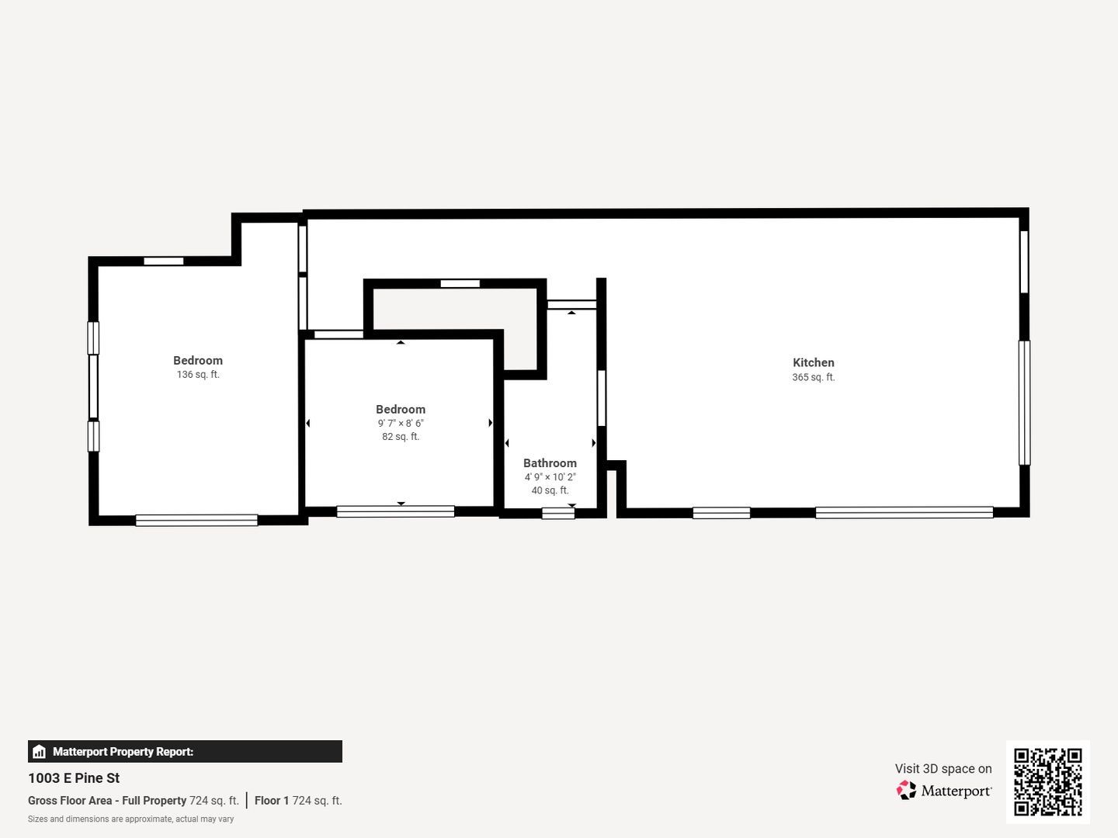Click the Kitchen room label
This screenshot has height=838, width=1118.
pos(813,362)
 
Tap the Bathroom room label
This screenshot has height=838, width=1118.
pos(550,463)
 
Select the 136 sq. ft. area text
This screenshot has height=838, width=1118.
pos(198,375)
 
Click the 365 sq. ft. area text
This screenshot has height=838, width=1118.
pos(813,377)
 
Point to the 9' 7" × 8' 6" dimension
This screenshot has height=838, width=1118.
pos(401,424)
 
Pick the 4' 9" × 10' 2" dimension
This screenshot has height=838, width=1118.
pos(550,477)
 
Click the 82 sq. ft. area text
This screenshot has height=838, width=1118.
pos(401,437)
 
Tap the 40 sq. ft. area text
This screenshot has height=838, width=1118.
pos(550,490)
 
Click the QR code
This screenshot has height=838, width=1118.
pos(1047,781)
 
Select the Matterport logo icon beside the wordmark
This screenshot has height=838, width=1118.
pos(906,790)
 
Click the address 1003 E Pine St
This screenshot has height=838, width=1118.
pos(74,778)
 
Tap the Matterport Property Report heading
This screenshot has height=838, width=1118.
pos(123,752)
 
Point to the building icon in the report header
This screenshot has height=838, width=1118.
pos(39,752)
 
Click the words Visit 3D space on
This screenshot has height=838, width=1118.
pos(943,769)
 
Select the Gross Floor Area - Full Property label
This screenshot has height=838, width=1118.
pos(107,801)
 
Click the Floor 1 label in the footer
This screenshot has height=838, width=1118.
pos(272,801)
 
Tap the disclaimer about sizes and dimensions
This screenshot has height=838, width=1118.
pos(130,819)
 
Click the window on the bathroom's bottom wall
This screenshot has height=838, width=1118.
pos(558,513)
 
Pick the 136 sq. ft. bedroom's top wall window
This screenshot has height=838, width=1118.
pos(164,261)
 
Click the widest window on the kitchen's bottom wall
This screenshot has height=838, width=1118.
pos(904,512)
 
